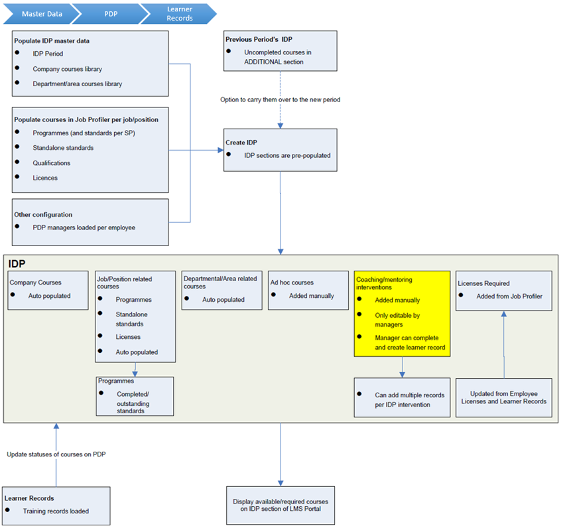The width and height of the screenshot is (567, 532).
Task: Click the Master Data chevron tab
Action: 40,13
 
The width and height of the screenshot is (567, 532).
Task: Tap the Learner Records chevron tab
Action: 179,13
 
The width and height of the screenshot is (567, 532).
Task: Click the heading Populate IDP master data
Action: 52,40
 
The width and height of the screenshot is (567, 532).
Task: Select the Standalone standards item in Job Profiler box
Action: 63,148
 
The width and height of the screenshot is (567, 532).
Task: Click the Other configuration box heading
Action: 43,215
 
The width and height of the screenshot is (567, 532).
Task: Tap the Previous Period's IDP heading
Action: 259,39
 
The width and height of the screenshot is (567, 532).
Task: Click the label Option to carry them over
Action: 280,100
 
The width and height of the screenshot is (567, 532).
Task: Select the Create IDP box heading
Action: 241,142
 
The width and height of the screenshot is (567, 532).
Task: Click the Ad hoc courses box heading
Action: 292,283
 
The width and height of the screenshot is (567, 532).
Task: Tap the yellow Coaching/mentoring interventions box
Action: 402,314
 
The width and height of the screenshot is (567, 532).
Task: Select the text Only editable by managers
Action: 397,320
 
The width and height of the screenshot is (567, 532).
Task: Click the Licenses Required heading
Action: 483,283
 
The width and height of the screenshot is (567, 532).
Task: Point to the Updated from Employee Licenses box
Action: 504,397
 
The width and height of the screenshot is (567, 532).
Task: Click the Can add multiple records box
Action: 402,399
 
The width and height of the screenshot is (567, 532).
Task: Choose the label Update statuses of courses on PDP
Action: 56,454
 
